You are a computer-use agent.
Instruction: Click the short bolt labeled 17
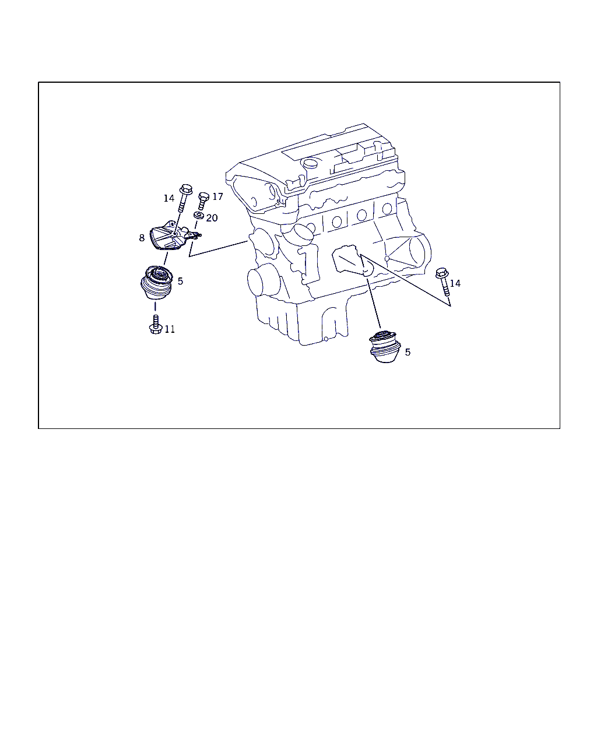203,200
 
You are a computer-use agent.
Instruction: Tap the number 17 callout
217,197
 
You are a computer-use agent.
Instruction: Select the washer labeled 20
199,215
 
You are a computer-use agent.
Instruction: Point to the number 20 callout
212,218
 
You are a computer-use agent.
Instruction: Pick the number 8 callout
142,238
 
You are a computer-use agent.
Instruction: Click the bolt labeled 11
156,325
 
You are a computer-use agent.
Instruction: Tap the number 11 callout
170,329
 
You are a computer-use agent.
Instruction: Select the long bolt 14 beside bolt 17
184,198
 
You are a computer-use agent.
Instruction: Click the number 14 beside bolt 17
169,198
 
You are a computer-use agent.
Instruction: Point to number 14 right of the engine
455,284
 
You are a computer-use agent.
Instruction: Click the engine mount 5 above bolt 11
156,282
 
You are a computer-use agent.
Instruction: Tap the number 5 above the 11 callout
180,281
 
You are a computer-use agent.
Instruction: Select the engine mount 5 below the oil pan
385,347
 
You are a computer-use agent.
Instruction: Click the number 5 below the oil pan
408,352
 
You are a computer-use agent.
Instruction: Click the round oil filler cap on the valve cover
310,163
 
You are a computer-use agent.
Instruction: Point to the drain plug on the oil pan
326,339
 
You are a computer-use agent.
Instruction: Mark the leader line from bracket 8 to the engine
219,248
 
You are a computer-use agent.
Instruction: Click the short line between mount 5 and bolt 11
155,307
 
